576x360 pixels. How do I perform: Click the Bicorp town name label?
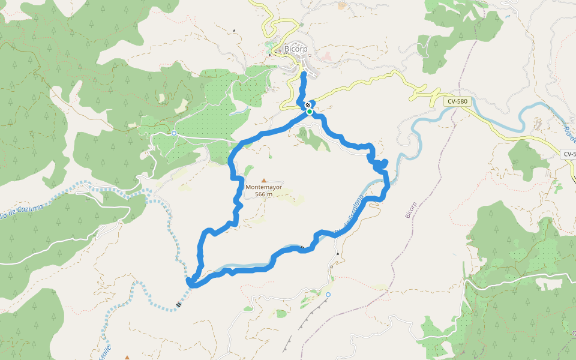coord(296,49)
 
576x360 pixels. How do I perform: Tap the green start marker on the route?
coord(309,112)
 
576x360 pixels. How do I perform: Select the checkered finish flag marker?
coord(308,104)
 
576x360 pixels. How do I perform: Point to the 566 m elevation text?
coord(263,194)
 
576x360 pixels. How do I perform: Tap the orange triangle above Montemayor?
coord(263,180)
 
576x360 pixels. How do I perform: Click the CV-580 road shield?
coord(457,102)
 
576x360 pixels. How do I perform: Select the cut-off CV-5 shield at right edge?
coord(569,154)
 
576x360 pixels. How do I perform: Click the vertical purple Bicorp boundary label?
coord(411,208)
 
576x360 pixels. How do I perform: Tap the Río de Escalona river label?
coord(349,214)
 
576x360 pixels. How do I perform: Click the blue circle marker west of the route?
coord(173,133)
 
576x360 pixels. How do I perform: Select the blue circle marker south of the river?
coord(328,295)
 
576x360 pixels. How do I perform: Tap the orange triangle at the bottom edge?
coord(127,358)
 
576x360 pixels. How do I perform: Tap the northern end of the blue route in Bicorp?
coord(304,74)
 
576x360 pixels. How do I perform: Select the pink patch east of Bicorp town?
coord(327,56)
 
